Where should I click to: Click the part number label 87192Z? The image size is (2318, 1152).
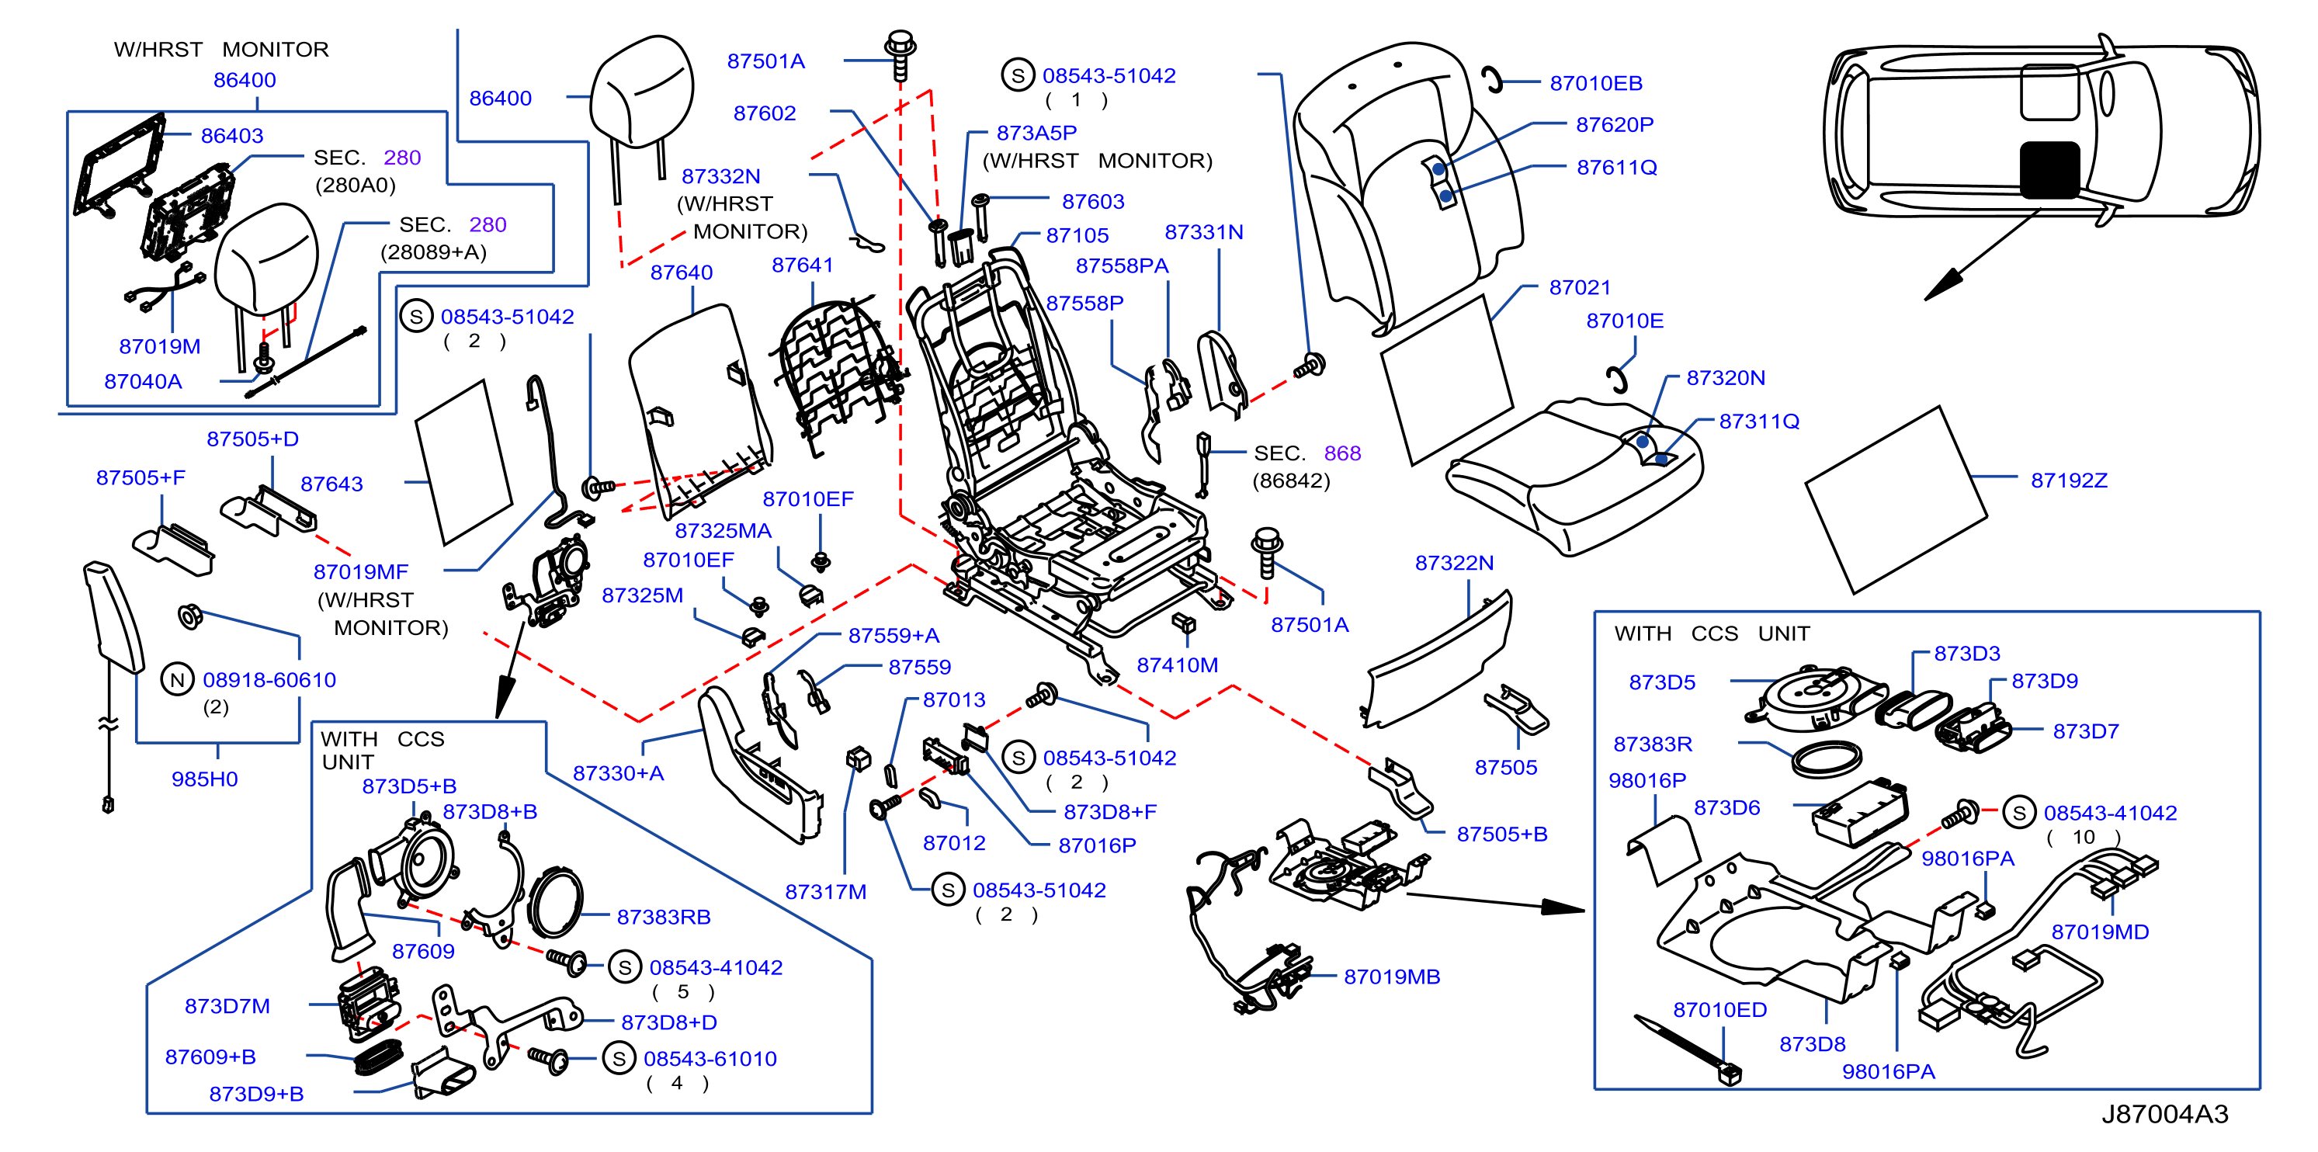click(2069, 481)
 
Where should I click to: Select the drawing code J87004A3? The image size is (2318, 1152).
click(2164, 1114)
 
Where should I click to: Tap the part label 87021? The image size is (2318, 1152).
click(1579, 288)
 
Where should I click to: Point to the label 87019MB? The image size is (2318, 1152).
click(1391, 977)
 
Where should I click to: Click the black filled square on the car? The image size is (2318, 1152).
click(2049, 169)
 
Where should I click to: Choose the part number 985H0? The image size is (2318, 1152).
click(204, 779)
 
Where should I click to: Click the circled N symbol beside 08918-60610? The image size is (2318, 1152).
click(177, 679)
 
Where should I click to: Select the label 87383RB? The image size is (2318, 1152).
click(663, 917)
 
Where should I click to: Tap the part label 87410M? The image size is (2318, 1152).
click(1177, 665)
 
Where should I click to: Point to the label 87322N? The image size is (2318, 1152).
click(1454, 564)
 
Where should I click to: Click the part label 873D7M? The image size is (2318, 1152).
click(227, 1006)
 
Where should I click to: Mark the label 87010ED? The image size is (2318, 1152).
click(1719, 1010)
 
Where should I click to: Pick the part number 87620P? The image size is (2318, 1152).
click(1615, 125)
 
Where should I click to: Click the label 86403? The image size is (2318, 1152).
click(231, 136)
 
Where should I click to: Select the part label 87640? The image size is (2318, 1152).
click(681, 272)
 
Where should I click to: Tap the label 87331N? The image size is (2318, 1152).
click(1203, 232)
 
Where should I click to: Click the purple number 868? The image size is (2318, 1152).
click(1341, 453)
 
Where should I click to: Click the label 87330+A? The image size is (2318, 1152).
click(618, 773)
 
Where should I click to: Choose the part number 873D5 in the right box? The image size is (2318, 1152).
click(1661, 682)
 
